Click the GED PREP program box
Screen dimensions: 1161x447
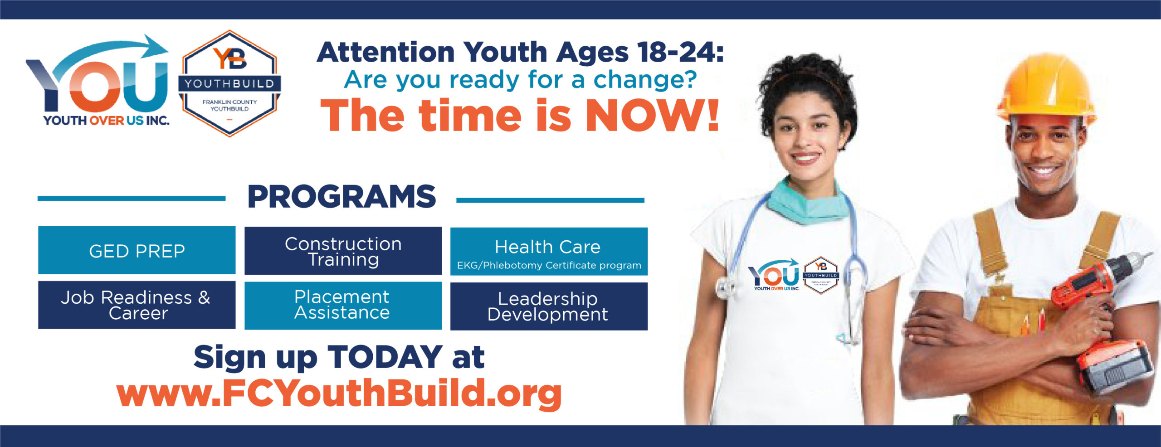pyautogui.click(x=137, y=250)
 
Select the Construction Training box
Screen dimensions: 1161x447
pyautogui.click(x=343, y=251)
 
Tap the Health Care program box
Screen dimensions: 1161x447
pyautogui.click(x=549, y=251)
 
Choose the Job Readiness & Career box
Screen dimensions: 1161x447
pyautogui.click(x=137, y=305)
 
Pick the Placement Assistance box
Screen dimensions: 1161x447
pyautogui.click(x=343, y=306)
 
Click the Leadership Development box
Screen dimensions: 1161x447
pyautogui.click(x=549, y=306)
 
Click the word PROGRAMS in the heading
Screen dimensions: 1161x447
pyautogui.click(x=341, y=197)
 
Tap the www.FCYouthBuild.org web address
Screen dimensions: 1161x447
pyautogui.click(x=339, y=394)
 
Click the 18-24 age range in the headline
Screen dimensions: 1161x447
pyautogui.click(x=680, y=52)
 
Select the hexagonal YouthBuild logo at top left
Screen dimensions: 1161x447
pyautogui.click(x=229, y=83)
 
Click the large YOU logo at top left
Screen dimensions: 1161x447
pyautogui.click(x=98, y=80)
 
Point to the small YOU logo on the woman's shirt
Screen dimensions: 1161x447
pyautogui.click(x=775, y=275)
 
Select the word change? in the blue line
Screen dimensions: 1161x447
pyautogui.click(x=645, y=80)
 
